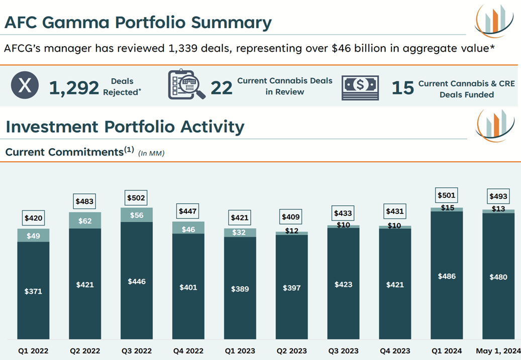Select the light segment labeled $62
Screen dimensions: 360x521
[85, 220]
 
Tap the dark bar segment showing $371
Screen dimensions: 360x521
[33, 291]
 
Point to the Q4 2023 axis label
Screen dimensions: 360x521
[395, 351]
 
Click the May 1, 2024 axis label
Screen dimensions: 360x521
[498, 351]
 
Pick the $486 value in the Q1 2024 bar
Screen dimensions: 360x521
[447, 276]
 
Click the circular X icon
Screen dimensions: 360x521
[25, 86]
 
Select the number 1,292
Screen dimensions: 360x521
[74, 87]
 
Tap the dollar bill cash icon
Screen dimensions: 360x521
[360, 87]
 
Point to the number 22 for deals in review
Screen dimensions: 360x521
[222, 88]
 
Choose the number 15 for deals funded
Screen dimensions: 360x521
[402, 88]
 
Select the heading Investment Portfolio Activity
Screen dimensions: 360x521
[125, 127]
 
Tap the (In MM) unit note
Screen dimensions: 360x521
[151, 153]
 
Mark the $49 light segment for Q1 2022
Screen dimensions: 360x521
[33, 235]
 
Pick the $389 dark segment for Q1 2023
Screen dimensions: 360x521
[240, 289]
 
